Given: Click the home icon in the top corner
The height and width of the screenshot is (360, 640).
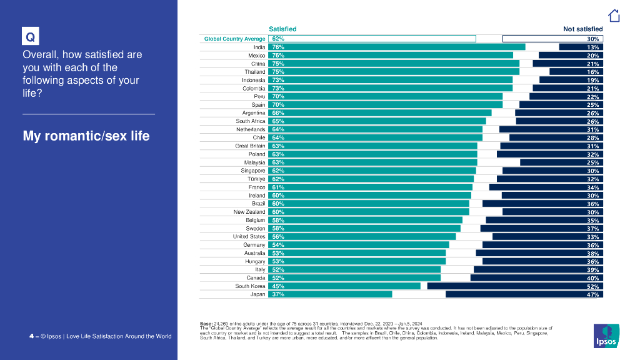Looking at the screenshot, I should (614, 16).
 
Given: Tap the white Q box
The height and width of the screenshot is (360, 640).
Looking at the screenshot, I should (29, 37).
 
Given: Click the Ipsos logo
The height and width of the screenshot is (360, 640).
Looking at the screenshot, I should (606, 336).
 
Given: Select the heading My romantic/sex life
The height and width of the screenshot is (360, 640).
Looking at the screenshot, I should (86, 136).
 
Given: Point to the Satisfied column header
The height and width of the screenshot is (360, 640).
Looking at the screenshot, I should (282, 29).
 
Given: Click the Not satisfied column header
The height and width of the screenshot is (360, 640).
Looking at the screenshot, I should (582, 29).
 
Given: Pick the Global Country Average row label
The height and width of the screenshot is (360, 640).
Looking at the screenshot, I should (235, 39).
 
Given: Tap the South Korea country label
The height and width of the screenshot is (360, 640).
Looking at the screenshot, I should (250, 286).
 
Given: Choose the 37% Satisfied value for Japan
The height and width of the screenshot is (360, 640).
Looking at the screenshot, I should (278, 294).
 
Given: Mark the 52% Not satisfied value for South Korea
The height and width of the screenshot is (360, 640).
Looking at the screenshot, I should (593, 286).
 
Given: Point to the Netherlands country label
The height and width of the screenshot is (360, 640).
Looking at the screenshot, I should (251, 129).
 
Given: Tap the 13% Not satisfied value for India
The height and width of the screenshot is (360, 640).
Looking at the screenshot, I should (593, 47).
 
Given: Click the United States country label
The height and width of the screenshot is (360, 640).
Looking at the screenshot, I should (249, 237).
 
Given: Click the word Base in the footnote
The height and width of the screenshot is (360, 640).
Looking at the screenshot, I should (206, 323).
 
